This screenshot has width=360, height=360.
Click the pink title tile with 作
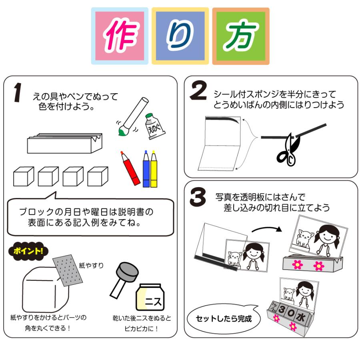120,36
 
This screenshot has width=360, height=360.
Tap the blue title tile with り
180,36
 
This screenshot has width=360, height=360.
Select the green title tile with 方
240,36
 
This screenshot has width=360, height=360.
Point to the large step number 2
198,92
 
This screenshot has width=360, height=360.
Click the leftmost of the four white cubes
23,176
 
